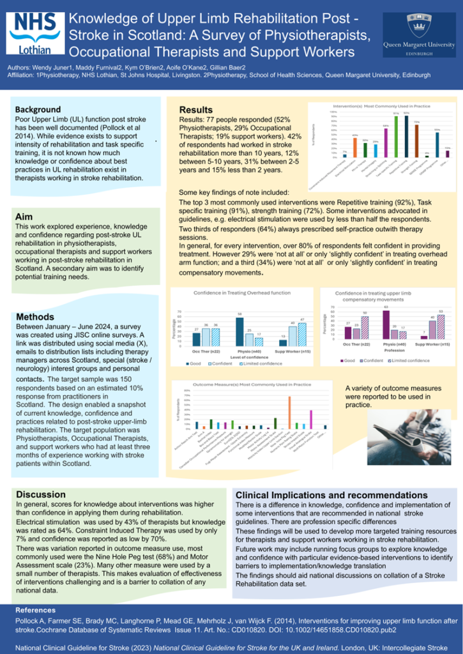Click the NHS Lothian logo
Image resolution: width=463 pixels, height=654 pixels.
pyautogui.click(x=33, y=36)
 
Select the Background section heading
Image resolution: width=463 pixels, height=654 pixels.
pyautogui.click(x=38, y=109)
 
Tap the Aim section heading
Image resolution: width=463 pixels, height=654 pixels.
pyautogui.click(x=24, y=217)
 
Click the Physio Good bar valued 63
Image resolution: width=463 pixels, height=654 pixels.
pyautogui.click(x=386, y=324)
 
